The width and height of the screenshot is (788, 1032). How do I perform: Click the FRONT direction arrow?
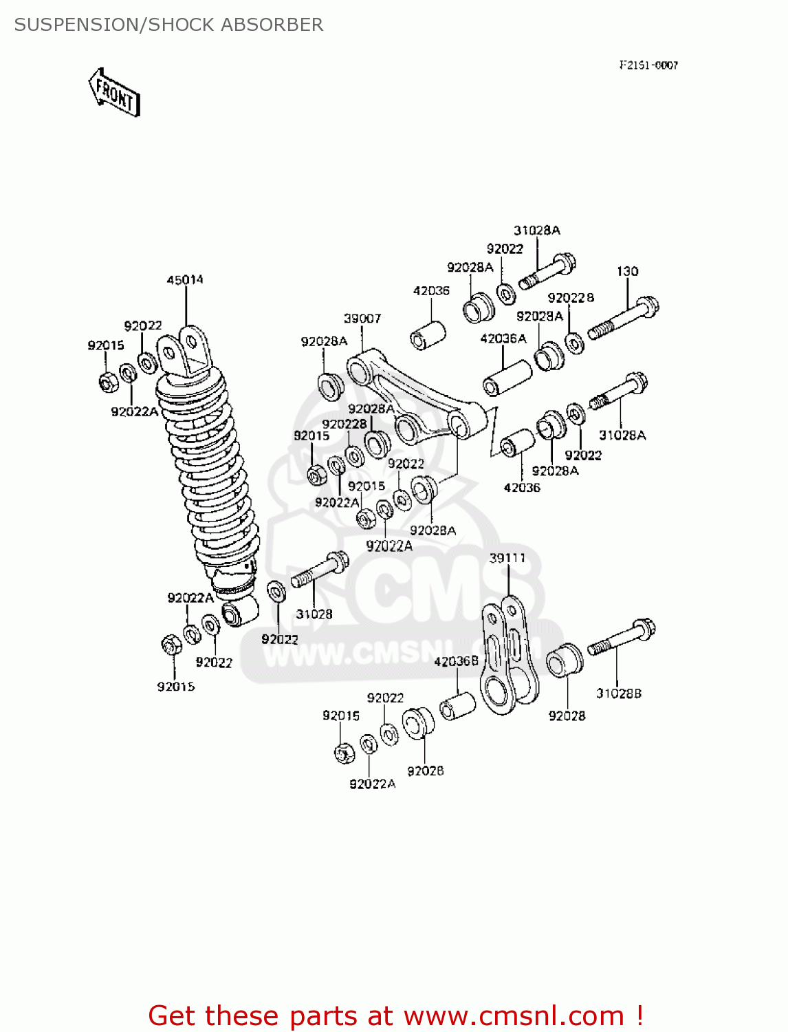[114, 92]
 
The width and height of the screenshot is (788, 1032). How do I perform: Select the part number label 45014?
[185, 280]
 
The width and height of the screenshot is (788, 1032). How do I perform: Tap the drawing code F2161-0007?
[648, 65]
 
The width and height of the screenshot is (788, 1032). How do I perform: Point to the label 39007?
[362, 319]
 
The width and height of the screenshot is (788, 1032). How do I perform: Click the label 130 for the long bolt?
[627, 272]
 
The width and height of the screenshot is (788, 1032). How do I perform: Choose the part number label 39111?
[507, 558]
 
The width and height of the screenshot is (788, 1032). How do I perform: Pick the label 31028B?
[618, 694]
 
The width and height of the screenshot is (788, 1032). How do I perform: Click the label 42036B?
[456, 661]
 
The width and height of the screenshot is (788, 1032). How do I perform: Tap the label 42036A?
[503, 338]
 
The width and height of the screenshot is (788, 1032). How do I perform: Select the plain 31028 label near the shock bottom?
[314, 614]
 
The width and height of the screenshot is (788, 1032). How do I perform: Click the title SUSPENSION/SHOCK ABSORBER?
[168, 25]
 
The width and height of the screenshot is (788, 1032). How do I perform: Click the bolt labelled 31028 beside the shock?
[320, 570]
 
